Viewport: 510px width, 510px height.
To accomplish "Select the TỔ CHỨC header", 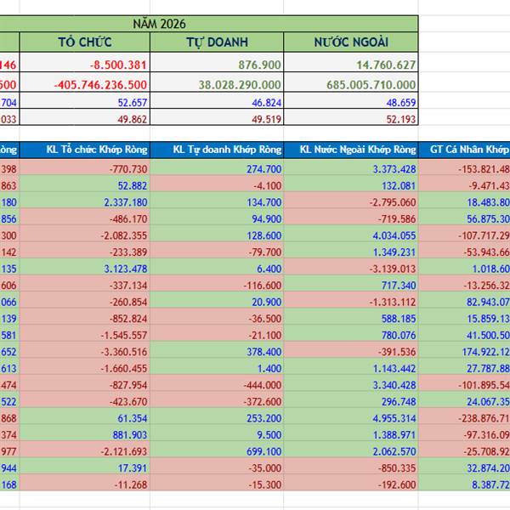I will point(85,42).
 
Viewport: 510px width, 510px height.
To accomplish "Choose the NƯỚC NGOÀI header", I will point(352,42).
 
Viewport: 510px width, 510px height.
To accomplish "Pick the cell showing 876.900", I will point(260,64).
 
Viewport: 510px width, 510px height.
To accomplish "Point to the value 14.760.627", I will point(387,64).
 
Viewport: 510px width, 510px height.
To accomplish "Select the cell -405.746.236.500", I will point(99,84).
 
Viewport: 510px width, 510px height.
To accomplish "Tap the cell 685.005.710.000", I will point(371,84).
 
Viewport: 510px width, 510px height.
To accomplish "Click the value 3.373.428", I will point(394,169).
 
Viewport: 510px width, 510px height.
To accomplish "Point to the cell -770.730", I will point(127,169).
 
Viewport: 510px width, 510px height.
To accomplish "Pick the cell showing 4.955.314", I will point(394,418).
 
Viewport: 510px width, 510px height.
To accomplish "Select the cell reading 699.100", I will point(263,451).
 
